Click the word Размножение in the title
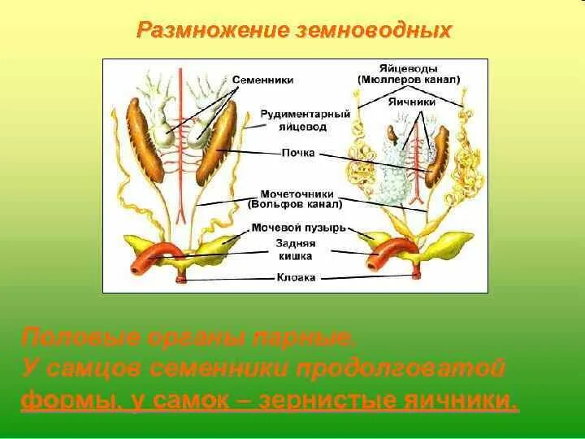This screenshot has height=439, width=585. [208, 31]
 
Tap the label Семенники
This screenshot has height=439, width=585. [262, 80]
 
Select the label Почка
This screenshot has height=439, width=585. [297, 153]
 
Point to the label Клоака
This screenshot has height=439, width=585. [295, 277]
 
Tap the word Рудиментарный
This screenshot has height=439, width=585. [305, 115]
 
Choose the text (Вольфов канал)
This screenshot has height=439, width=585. [293, 206]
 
